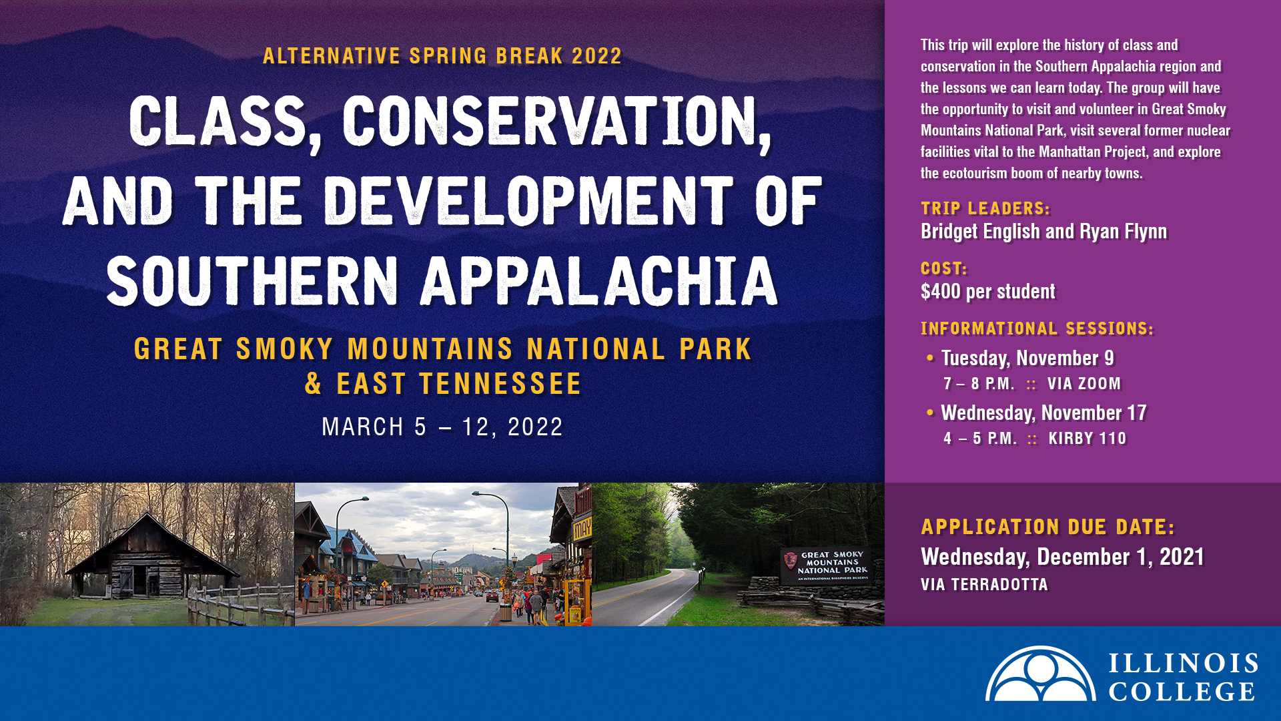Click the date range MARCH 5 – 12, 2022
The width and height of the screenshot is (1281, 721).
coord(442,427)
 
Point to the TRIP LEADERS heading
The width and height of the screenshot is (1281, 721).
coord(985,208)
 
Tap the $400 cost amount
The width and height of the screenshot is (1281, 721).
coord(941,292)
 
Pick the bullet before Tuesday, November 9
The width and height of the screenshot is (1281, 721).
coord(930,358)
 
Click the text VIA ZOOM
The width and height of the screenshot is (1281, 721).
coord(1084,384)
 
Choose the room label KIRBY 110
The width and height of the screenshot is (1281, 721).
coord(1088,439)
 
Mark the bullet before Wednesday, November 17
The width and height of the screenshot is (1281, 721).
coord(930,413)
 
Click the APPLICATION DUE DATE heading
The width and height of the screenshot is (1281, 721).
coord(1048,527)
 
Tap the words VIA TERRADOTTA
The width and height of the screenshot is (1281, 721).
coord(984,585)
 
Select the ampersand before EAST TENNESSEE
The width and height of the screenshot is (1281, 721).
coord(314,384)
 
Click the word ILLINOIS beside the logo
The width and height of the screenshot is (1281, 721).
coord(1184,664)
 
